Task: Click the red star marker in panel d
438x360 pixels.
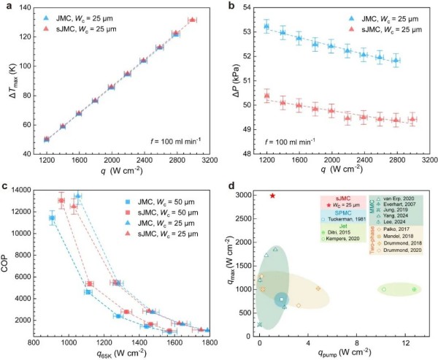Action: coord(272,196)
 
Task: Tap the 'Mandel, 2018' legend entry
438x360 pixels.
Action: coord(397,239)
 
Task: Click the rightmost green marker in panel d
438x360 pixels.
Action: coord(415,289)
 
